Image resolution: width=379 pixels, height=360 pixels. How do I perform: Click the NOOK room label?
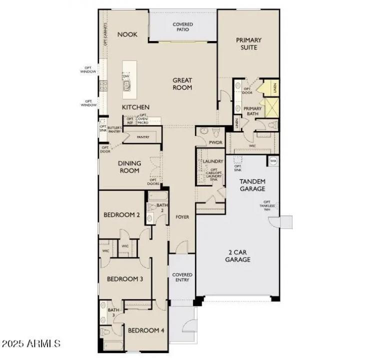click(127, 34)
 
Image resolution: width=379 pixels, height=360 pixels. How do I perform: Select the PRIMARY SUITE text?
click(248, 43)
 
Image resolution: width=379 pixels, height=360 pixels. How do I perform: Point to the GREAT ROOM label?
click(182, 83)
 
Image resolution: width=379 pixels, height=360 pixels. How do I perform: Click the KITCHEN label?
click(135, 107)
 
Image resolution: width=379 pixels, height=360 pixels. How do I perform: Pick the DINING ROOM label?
click(129, 167)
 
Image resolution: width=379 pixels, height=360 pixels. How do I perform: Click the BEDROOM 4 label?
click(145, 330)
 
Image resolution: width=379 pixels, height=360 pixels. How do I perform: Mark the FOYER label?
click(182, 217)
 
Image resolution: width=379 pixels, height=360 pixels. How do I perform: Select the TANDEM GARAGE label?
click(252, 185)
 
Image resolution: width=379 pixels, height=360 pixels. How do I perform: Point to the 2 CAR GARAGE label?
click(237, 256)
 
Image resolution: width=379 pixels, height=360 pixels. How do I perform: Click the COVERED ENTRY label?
click(182, 278)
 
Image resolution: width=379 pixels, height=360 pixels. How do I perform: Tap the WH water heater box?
click(273, 161)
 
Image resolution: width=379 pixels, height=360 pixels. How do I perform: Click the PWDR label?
click(215, 142)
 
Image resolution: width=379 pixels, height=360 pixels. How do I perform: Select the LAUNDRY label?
click(212, 161)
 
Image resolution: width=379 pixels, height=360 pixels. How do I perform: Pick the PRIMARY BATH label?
click(252, 111)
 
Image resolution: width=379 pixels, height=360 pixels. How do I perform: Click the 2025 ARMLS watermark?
click(31, 344)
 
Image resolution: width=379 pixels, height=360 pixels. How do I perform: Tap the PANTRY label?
click(143, 136)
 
